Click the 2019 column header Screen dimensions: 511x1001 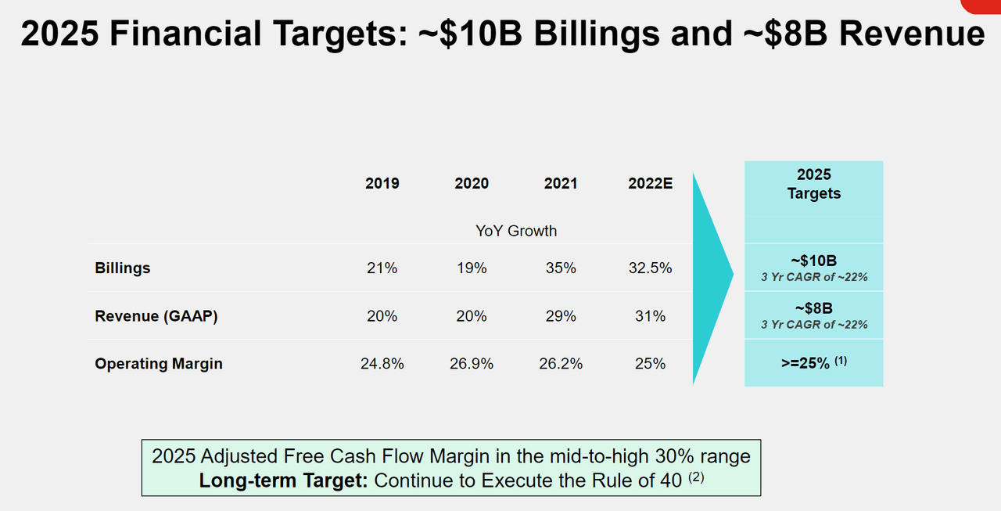(x=382, y=183)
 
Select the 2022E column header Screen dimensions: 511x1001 (x=650, y=183)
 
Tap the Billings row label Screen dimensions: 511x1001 (x=123, y=268)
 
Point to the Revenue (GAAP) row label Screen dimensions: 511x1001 (x=156, y=316)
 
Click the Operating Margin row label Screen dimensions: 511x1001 (x=159, y=364)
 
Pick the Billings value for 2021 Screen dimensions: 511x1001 (x=561, y=268)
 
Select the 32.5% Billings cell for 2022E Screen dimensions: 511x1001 (x=650, y=268)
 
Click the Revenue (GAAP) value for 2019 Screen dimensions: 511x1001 (x=382, y=316)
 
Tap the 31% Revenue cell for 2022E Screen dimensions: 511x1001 (x=650, y=316)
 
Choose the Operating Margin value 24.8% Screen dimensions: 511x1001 (x=382, y=364)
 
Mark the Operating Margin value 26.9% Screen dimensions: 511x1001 (x=472, y=364)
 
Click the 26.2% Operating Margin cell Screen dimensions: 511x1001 (x=561, y=364)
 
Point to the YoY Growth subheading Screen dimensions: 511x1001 (x=516, y=231)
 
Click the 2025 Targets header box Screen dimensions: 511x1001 (x=813, y=184)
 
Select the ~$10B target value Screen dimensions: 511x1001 (x=813, y=261)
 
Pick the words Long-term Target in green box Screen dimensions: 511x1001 (x=283, y=480)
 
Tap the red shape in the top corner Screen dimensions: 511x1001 (x=982, y=5)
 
